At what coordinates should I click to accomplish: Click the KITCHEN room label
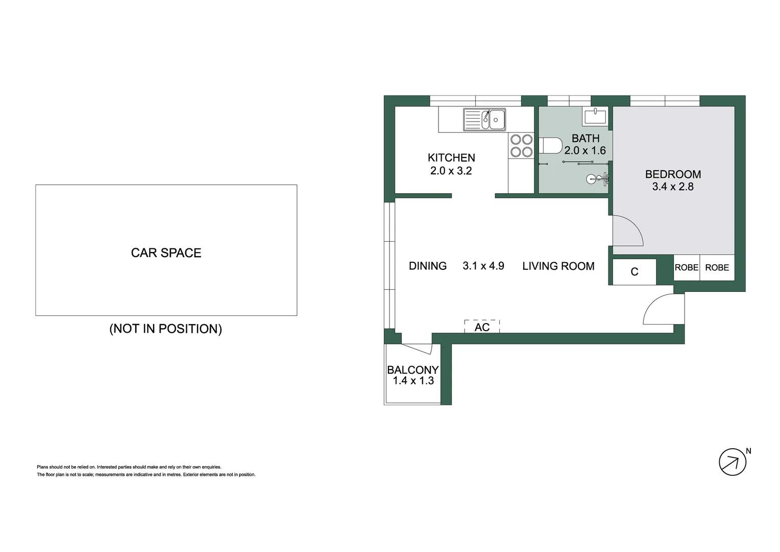pos(451,158)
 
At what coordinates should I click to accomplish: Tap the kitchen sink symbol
pos(484,120)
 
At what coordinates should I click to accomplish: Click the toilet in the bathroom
pos(549,146)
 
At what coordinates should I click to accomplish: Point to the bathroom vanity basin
pos(595,117)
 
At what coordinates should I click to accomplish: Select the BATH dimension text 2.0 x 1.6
pos(585,151)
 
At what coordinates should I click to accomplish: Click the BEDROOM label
pos(673,174)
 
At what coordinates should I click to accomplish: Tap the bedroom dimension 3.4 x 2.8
pos(673,187)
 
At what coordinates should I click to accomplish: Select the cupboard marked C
pos(634,272)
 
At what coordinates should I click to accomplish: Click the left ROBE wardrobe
pos(687,268)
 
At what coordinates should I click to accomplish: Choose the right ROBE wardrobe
pos(717,268)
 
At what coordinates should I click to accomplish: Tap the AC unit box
pos(482,327)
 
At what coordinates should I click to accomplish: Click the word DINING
pos(428,266)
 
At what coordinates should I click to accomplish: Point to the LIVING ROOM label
pos(558,266)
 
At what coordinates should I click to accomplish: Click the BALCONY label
pos(412,370)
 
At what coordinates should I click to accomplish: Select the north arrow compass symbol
pos(733,462)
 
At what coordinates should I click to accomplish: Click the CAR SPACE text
pos(166,253)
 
